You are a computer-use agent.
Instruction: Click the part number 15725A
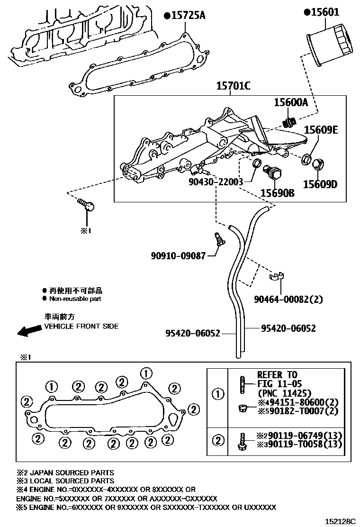click(188, 16)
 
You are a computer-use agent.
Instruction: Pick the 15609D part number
click(320, 184)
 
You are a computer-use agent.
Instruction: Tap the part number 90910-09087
click(179, 256)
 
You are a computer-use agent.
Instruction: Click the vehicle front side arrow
click(27, 331)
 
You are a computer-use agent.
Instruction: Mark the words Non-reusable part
click(75, 299)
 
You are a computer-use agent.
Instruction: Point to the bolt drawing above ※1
click(87, 205)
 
